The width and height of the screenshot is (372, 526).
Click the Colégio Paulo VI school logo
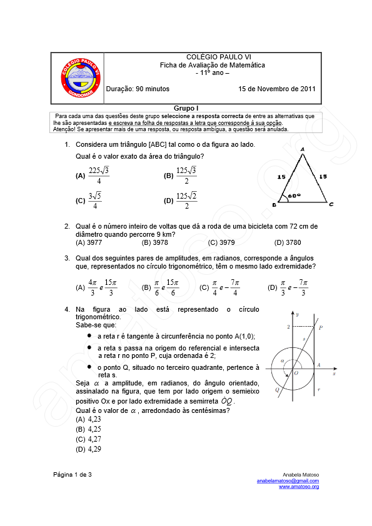click(79, 78)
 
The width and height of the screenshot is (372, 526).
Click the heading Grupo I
click(186, 109)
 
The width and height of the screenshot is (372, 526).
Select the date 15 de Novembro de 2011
click(277, 89)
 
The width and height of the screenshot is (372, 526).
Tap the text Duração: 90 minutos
click(138, 89)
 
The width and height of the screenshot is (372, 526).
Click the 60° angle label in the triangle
click(294, 195)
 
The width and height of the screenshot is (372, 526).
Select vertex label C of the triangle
click(331, 204)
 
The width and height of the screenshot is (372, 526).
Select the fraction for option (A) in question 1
click(99, 176)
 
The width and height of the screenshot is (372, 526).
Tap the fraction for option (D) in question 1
click(186, 201)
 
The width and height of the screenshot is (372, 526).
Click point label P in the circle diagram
click(321, 327)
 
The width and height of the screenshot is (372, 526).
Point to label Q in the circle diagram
click(276, 389)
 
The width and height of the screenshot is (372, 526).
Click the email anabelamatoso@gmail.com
click(288, 480)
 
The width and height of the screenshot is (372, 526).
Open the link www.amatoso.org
click(299, 486)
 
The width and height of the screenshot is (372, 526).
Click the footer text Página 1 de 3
click(73, 475)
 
